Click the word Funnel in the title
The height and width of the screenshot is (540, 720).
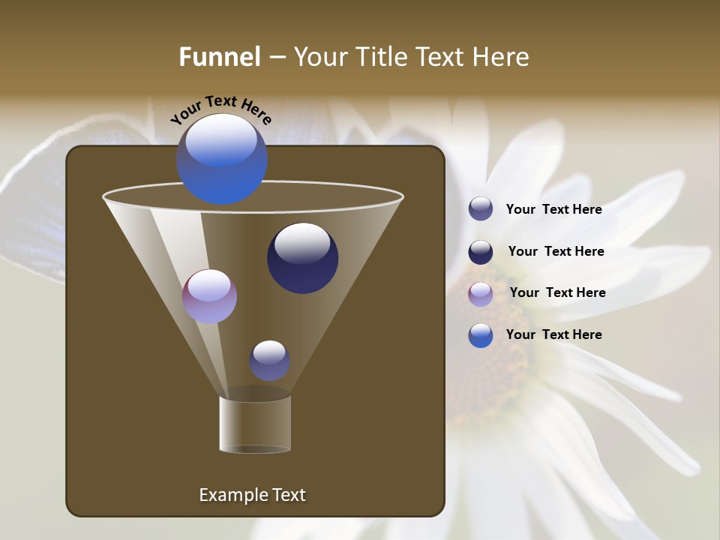(x=219, y=57)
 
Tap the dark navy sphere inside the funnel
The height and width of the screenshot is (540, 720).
(x=302, y=259)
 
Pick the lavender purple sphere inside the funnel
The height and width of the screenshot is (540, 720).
(x=209, y=296)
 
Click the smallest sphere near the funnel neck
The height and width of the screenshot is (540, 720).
(x=269, y=360)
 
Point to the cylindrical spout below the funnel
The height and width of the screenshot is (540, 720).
(x=255, y=424)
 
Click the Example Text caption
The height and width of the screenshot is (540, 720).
(x=252, y=495)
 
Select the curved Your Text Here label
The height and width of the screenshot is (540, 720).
(x=221, y=109)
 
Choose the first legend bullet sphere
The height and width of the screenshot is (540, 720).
(x=481, y=209)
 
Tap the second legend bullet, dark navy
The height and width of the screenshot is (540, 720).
(x=481, y=252)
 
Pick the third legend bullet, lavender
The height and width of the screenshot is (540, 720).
(x=481, y=294)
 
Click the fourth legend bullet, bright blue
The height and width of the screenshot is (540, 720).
(x=481, y=335)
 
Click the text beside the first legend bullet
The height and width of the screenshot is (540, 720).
(x=553, y=209)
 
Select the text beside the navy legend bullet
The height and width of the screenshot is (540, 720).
(x=556, y=251)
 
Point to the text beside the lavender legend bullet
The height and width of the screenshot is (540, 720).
(x=557, y=292)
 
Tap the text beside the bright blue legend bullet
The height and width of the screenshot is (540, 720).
(x=553, y=334)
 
